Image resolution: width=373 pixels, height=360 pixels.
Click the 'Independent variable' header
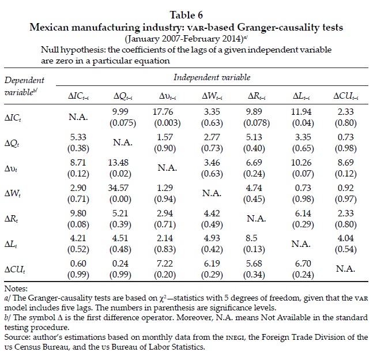[213, 77]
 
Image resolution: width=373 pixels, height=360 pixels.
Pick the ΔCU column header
[345, 96]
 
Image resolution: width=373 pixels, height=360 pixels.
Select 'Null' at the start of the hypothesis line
[50, 51]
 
